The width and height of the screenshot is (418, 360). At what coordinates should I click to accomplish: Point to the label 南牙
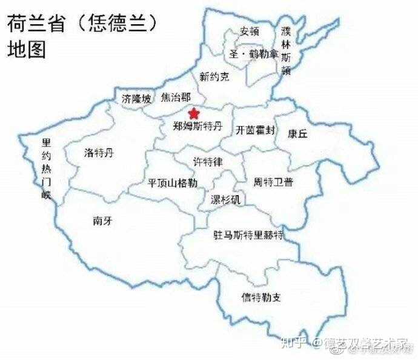click(102, 221)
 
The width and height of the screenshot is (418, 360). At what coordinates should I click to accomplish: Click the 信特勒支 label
click(260, 297)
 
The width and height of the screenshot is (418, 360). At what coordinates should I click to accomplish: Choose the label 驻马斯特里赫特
click(248, 235)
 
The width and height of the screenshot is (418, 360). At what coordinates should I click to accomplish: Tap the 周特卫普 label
click(273, 181)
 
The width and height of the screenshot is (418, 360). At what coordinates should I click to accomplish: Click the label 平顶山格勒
click(173, 182)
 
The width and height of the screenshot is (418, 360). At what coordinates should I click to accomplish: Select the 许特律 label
click(208, 162)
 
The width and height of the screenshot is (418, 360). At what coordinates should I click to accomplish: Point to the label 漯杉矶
click(225, 199)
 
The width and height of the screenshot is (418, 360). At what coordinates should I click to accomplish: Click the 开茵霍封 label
click(256, 130)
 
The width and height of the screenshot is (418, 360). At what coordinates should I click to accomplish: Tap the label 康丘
click(297, 134)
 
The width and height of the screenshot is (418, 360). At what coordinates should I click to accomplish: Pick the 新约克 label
click(214, 77)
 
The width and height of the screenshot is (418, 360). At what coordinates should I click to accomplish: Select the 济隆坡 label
click(136, 98)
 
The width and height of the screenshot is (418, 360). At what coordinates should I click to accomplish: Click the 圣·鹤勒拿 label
click(253, 54)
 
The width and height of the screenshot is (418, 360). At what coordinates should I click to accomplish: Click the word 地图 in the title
click(27, 50)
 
